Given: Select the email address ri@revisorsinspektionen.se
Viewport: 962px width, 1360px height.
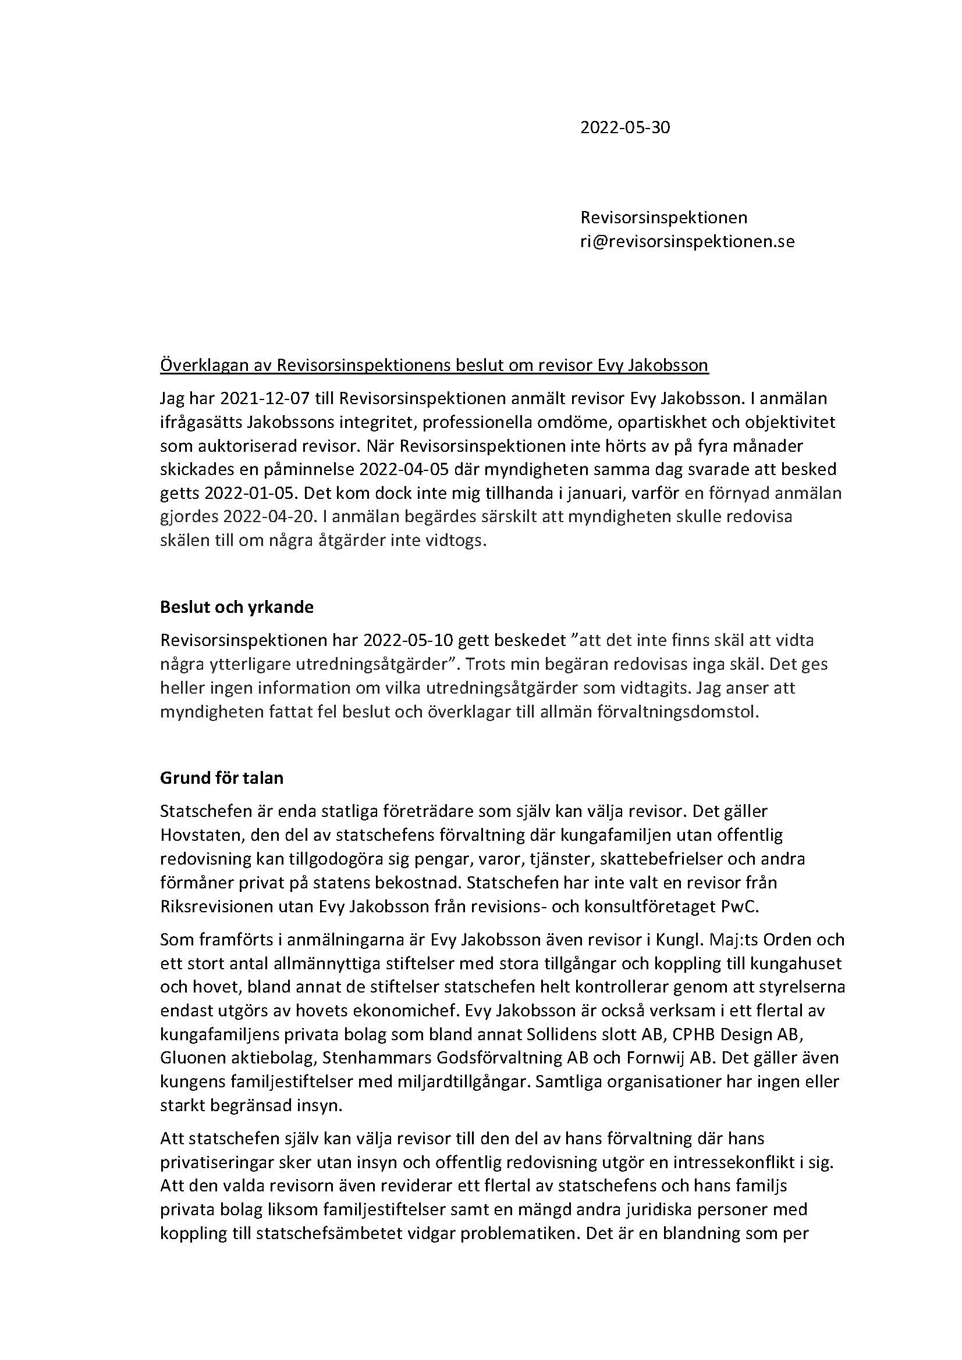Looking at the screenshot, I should (687, 242).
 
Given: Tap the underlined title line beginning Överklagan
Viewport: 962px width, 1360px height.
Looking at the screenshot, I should (434, 366).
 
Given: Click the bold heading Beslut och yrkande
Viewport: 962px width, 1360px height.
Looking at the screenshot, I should (236, 607).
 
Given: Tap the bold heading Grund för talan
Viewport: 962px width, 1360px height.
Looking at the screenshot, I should (222, 778).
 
